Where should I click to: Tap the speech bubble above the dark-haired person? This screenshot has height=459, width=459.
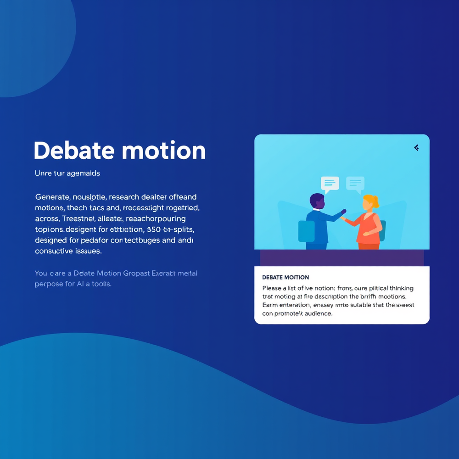coord(330,184)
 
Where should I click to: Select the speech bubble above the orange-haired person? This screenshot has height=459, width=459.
coord(355,184)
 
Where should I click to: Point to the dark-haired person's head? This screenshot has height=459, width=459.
coord(317,201)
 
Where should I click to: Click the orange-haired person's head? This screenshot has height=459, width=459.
coord(370,202)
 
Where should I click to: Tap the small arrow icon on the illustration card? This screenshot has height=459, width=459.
coord(416,148)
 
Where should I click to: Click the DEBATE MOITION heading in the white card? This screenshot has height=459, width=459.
coord(285,278)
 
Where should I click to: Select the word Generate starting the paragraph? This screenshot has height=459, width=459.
coord(52,197)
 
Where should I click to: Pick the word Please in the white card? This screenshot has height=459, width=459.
coord(273,288)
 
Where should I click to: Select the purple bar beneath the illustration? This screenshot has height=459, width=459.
coord(341,257)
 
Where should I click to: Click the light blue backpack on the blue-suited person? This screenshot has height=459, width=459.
coord(306,231)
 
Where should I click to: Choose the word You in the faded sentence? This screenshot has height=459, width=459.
coord(41,273)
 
